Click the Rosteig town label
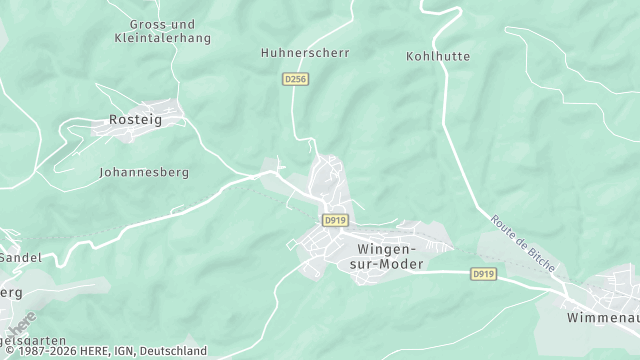[x=134, y=120]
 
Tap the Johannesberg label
[x=144, y=172]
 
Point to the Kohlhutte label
[x=438, y=56]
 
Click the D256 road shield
[x=293, y=77]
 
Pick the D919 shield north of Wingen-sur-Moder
[x=334, y=219]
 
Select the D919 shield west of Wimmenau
[x=483, y=273]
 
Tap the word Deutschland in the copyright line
[x=174, y=351]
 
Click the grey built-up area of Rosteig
[x=150, y=108]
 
